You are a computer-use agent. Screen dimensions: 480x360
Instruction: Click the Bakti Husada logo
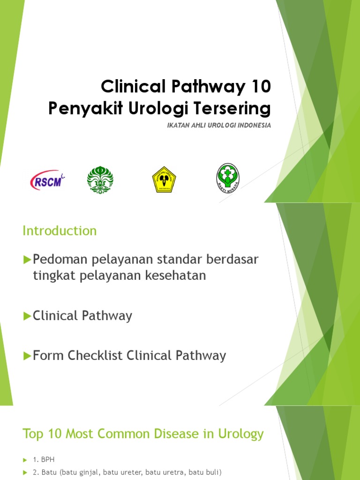[228, 179]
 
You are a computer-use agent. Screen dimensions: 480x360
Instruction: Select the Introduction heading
[60, 231]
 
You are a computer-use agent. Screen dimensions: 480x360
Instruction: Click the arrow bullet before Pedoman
[27, 259]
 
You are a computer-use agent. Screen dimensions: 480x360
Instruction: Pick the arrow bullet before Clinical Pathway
[27, 316]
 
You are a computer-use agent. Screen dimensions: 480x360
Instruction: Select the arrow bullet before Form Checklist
[27, 356]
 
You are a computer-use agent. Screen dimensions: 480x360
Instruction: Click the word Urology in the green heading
[241, 434]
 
